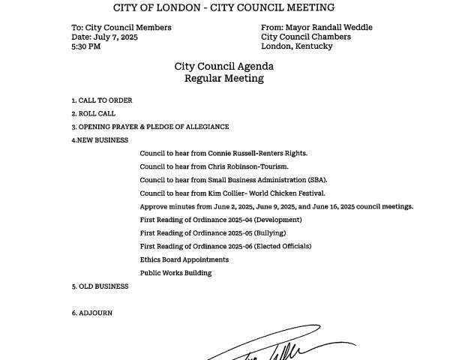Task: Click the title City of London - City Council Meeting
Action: point(224,8)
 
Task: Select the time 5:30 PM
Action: point(87,46)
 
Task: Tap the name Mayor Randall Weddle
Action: point(329,28)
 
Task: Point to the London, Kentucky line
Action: point(296,46)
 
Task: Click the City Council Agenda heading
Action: point(224,66)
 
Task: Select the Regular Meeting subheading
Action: point(224,78)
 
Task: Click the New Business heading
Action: point(100,140)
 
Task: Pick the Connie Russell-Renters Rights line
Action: point(223,154)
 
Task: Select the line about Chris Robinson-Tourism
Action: point(214,166)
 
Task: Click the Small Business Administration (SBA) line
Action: point(233,180)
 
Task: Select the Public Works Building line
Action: point(175,273)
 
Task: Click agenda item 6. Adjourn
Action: point(92,313)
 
